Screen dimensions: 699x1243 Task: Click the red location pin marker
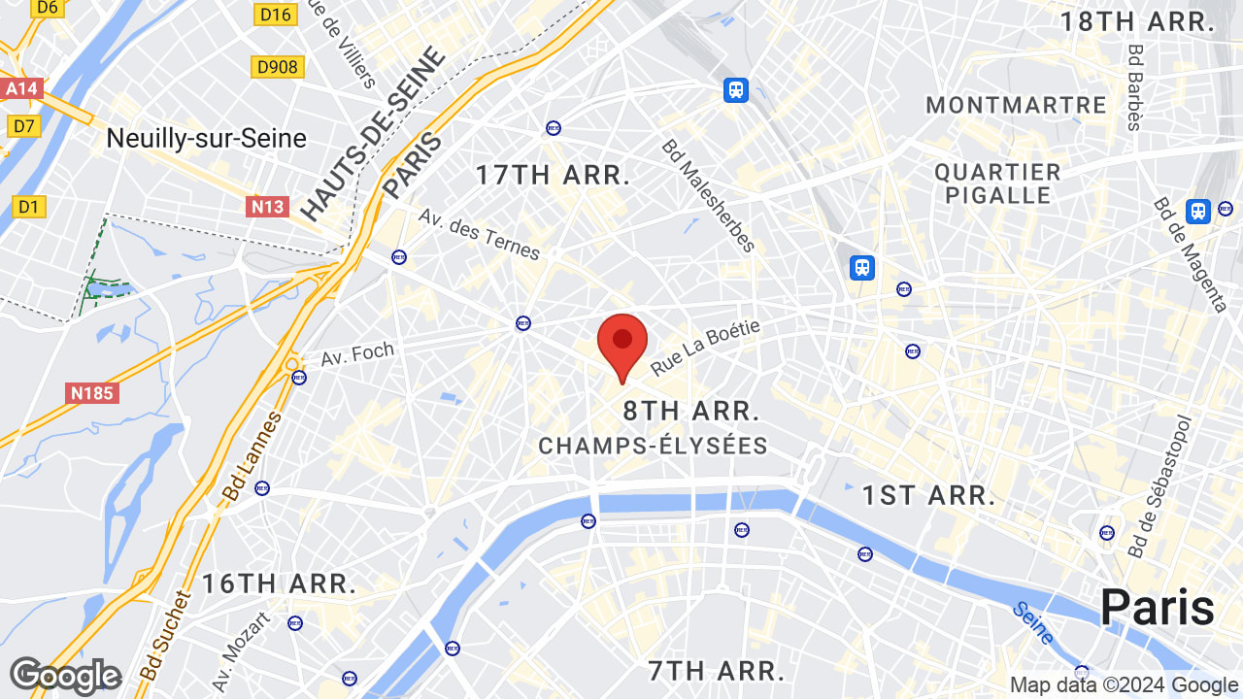coord(622,342)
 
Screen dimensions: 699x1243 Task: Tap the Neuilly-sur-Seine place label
coord(206,139)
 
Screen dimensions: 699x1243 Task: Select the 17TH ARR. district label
coord(553,176)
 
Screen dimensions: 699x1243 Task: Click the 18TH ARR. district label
coord(1137,22)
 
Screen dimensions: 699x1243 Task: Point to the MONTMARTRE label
coord(1016,105)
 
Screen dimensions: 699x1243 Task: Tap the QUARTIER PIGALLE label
coord(997,183)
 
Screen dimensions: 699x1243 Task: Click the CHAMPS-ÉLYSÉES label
coord(653,447)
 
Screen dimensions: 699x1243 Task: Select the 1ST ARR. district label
coord(929,496)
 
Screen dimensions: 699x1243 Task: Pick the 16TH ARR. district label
coord(279,584)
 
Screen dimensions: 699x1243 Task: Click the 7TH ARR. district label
coord(716,671)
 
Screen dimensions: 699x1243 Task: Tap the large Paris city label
coord(1157,608)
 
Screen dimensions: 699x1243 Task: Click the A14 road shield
coord(21,89)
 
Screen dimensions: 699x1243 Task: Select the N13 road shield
coord(267,206)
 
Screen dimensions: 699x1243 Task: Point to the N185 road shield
coord(93,393)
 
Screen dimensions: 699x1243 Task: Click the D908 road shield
coord(277,67)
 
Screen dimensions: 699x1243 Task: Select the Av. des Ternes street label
coord(479,234)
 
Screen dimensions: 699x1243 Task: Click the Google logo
coord(65,676)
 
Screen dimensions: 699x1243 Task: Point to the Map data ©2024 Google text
coord(1123,684)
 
